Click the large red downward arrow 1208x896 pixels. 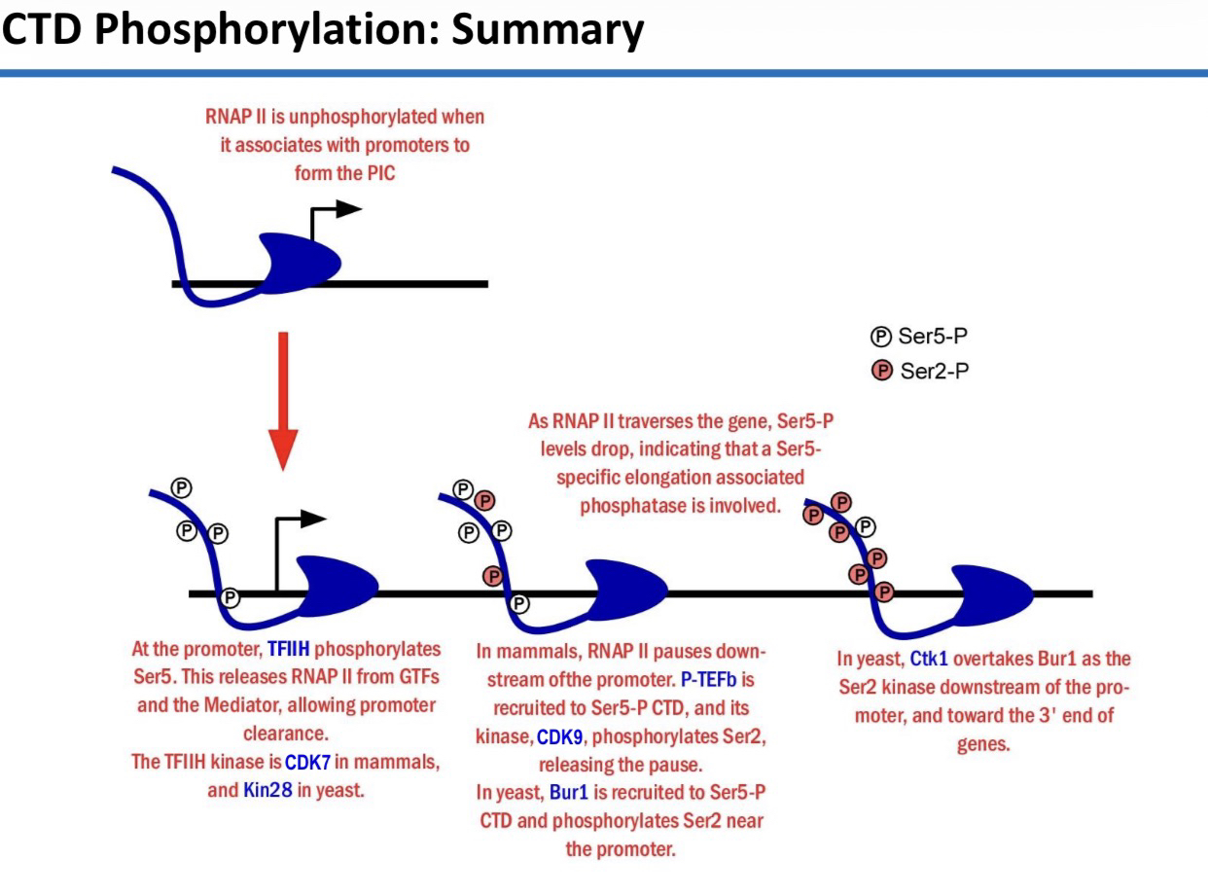(283, 399)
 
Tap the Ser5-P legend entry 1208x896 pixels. (919, 338)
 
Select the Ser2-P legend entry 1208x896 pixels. (919, 370)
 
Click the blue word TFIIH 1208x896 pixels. (295, 649)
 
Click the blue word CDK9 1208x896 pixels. (559, 738)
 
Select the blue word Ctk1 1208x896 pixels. (928, 659)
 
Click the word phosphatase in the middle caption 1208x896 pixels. (631, 505)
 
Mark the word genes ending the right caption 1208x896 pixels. (984, 745)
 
